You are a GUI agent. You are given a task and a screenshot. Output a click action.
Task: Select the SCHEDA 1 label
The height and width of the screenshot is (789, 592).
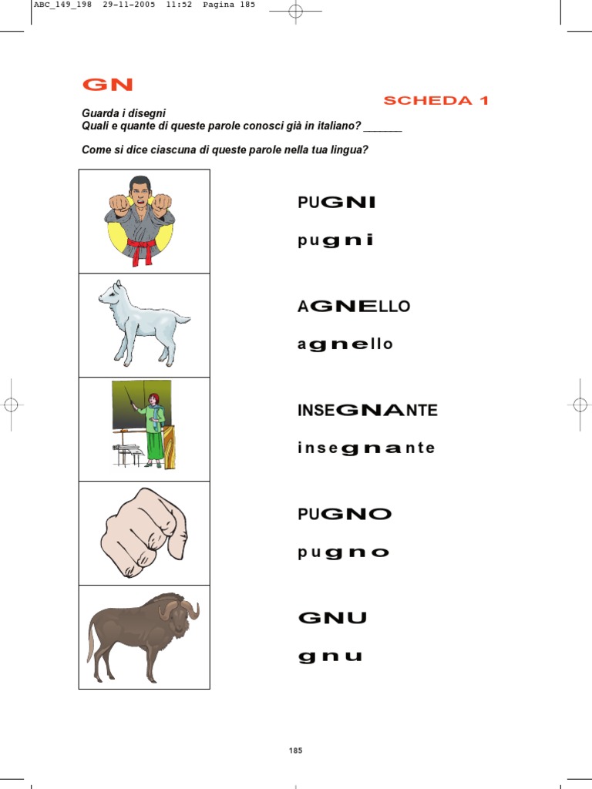(436, 100)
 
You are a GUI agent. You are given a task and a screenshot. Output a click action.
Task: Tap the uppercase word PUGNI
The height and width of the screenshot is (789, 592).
(336, 202)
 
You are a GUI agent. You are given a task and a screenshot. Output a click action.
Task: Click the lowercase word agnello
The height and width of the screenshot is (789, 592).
(345, 344)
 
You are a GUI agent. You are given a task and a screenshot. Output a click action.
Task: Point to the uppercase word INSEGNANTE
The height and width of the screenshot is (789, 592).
(367, 410)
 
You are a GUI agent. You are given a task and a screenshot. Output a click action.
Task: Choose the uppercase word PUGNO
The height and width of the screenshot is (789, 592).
(345, 514)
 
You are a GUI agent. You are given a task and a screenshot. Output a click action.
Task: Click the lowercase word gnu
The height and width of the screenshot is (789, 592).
(330, 656)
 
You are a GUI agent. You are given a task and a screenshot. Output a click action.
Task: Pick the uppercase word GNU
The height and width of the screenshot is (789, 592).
(332, 617)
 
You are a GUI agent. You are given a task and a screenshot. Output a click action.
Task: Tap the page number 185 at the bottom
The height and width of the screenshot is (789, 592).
(296, 750)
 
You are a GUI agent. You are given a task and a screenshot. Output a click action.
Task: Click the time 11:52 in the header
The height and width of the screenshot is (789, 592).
(178, 5)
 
